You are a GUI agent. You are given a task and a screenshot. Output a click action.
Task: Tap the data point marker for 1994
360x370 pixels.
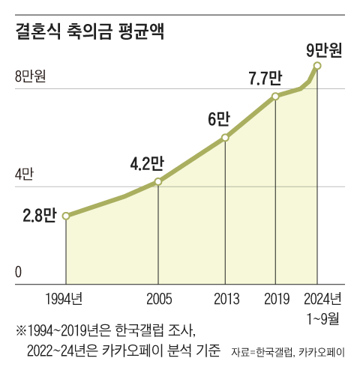click(67, 216)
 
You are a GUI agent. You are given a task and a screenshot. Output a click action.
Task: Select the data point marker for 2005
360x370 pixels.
click(158, 182)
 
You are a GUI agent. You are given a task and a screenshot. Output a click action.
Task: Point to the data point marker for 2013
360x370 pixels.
click(225, 138)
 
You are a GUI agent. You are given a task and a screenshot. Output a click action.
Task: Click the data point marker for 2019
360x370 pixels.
click(276, 97)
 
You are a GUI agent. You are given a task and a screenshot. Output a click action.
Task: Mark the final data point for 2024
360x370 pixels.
click(318, 67)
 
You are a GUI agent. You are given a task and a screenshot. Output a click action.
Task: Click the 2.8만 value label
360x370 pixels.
click(40, 216)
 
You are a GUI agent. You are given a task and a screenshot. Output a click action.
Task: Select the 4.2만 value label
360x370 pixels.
click(146, 163)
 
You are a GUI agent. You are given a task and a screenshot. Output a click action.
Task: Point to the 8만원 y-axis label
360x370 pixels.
click(30, 76)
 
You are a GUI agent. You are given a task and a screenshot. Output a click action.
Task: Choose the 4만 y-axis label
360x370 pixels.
click(24, 175)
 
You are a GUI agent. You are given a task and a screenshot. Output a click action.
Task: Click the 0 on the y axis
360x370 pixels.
click(17, 273)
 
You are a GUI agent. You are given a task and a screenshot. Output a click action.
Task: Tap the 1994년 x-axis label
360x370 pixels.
click(63, 299)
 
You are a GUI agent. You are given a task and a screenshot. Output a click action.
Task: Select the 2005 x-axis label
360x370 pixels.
click(158, 299)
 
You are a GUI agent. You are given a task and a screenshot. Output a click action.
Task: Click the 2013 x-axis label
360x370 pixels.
click(225, 299)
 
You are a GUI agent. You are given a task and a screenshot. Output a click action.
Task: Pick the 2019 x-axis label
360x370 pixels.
click(276, 299)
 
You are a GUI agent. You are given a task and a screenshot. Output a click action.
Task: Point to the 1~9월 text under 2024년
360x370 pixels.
click(323, 318)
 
